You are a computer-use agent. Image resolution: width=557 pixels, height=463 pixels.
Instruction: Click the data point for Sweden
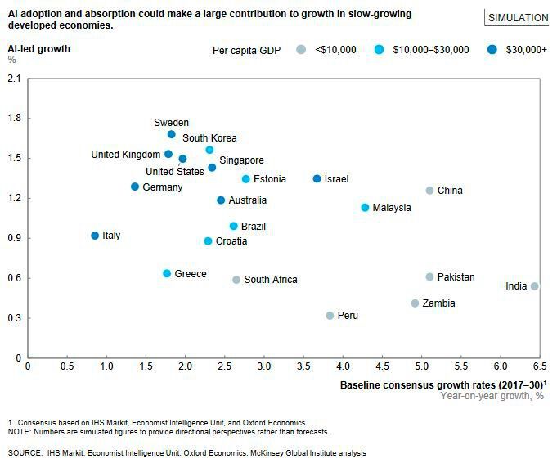[x=171, y=134]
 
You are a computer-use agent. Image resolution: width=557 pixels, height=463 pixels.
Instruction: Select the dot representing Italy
[x=95, y=236]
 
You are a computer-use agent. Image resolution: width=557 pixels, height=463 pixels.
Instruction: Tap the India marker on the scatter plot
[x=534, y=286]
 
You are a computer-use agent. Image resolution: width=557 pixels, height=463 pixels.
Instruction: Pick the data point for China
[x=429, y=191]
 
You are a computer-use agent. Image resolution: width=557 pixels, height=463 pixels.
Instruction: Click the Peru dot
[x=330, y=316]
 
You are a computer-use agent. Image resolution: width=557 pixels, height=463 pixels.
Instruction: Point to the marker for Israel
[x=317, y=178]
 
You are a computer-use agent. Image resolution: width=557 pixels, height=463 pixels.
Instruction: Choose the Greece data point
[x=167, y=273]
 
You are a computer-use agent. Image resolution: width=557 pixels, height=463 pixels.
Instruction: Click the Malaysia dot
[x=365, y=208]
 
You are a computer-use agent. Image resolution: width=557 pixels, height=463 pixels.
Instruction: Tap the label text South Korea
[x=209, y=138]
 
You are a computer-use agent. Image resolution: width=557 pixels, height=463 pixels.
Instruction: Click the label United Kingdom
[x=125, y=155]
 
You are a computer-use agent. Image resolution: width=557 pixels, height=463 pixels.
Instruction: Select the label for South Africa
[x=271, y=280]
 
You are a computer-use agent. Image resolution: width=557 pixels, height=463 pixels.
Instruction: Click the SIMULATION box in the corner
[x=518, y=17]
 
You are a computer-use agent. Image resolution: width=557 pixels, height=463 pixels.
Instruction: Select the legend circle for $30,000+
[x=492, y=50]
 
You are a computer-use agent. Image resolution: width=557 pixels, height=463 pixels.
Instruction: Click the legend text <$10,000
[x=335, y=50]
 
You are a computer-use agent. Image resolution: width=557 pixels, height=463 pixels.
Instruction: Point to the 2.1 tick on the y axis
[x=14, y=79]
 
